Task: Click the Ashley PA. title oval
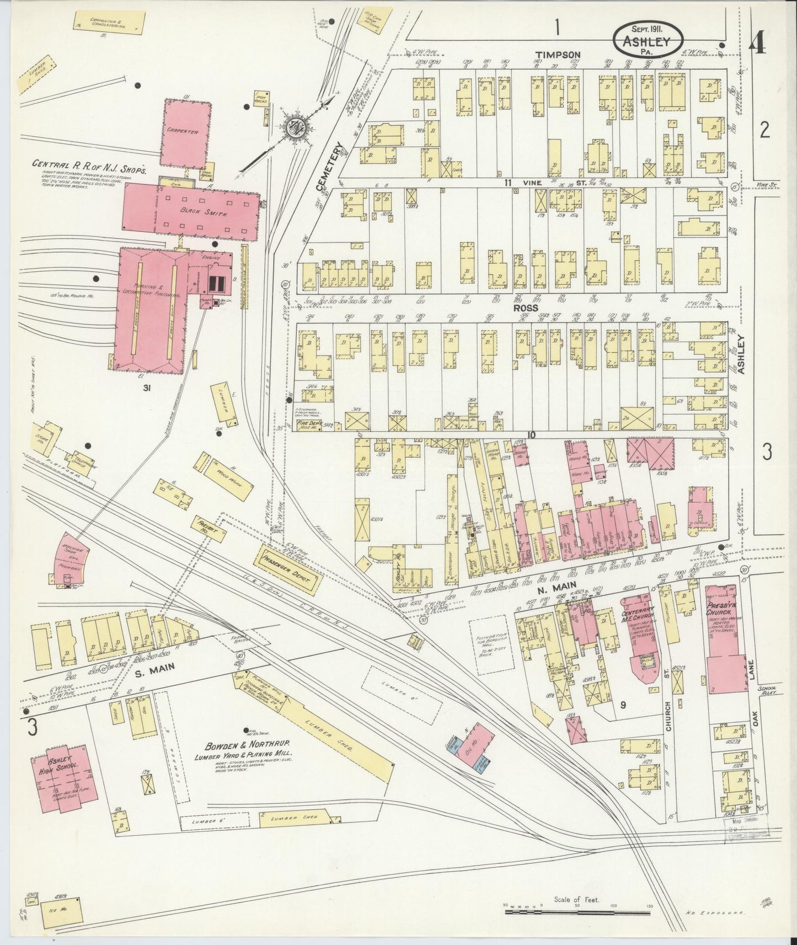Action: click(x=648, y=40)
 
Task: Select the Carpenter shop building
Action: click(x=186, y=133)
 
